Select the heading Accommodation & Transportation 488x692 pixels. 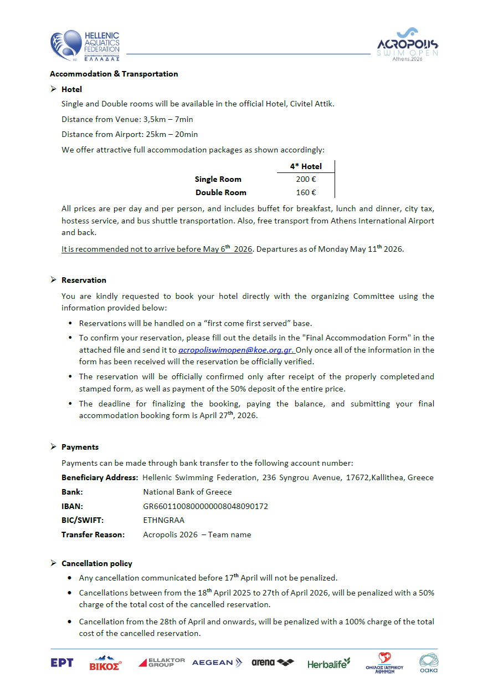click(x=114, y=74)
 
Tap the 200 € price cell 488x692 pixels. click(x=306, y=179)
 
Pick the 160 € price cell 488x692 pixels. click(x=306, y=192)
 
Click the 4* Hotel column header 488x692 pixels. click(x=306, y=166)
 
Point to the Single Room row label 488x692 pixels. click(x=218, y=179)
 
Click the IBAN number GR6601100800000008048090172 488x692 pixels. click(x=206, y=506)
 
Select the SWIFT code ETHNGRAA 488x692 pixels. click(x=163, y=521)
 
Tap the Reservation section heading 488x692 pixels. click(x=84, y=280)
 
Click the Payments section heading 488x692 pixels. click(x=80, y=447)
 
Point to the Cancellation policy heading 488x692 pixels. click(x=97, y=563)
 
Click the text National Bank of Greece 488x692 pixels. click(x=187, y=492)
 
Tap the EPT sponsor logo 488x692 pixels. click(x=61, y=663)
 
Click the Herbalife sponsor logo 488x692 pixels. click(x=329, y=663)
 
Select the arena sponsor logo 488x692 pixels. click(x=273, y=663)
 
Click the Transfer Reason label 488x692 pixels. click(x=93, y=535)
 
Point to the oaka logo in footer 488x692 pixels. click(x=428, y=663)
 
